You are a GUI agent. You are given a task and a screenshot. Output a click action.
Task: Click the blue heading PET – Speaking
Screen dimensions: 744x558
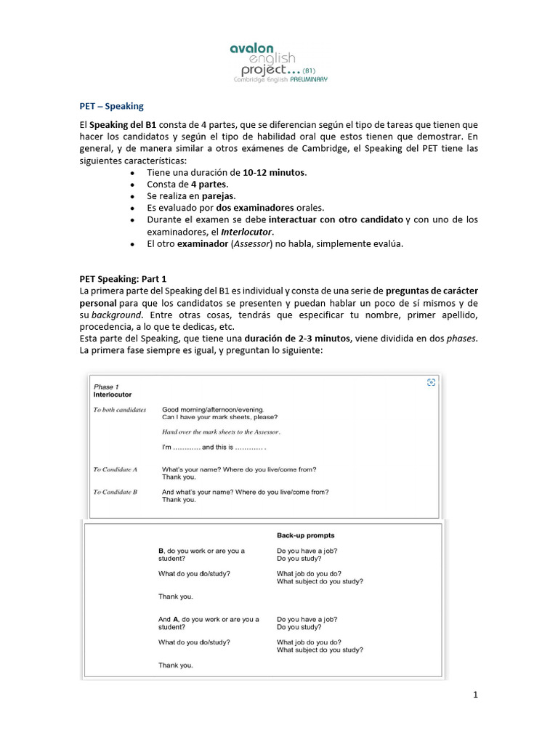point(111,105)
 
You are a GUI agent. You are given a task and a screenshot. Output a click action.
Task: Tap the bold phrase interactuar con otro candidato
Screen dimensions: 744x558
point(336,219)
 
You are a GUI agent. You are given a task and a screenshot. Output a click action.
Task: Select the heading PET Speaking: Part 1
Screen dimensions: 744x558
point(123,278)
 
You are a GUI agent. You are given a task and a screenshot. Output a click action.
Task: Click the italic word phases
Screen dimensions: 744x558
point(462,339)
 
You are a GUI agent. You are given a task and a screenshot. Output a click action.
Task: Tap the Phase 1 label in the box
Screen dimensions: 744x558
point(106,387)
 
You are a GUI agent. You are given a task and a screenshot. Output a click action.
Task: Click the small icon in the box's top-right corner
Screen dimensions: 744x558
point(431,382)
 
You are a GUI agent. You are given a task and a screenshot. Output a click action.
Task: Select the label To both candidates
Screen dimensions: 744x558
point(120,410)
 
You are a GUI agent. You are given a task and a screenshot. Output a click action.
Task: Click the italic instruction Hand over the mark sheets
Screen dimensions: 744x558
point(221,432)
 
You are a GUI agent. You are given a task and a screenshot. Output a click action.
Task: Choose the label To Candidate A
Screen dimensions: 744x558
point(115,469)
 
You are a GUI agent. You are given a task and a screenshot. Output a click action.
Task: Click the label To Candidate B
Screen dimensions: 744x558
point(115,492)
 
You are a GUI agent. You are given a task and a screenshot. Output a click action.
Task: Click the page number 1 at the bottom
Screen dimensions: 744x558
point(476,695)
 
